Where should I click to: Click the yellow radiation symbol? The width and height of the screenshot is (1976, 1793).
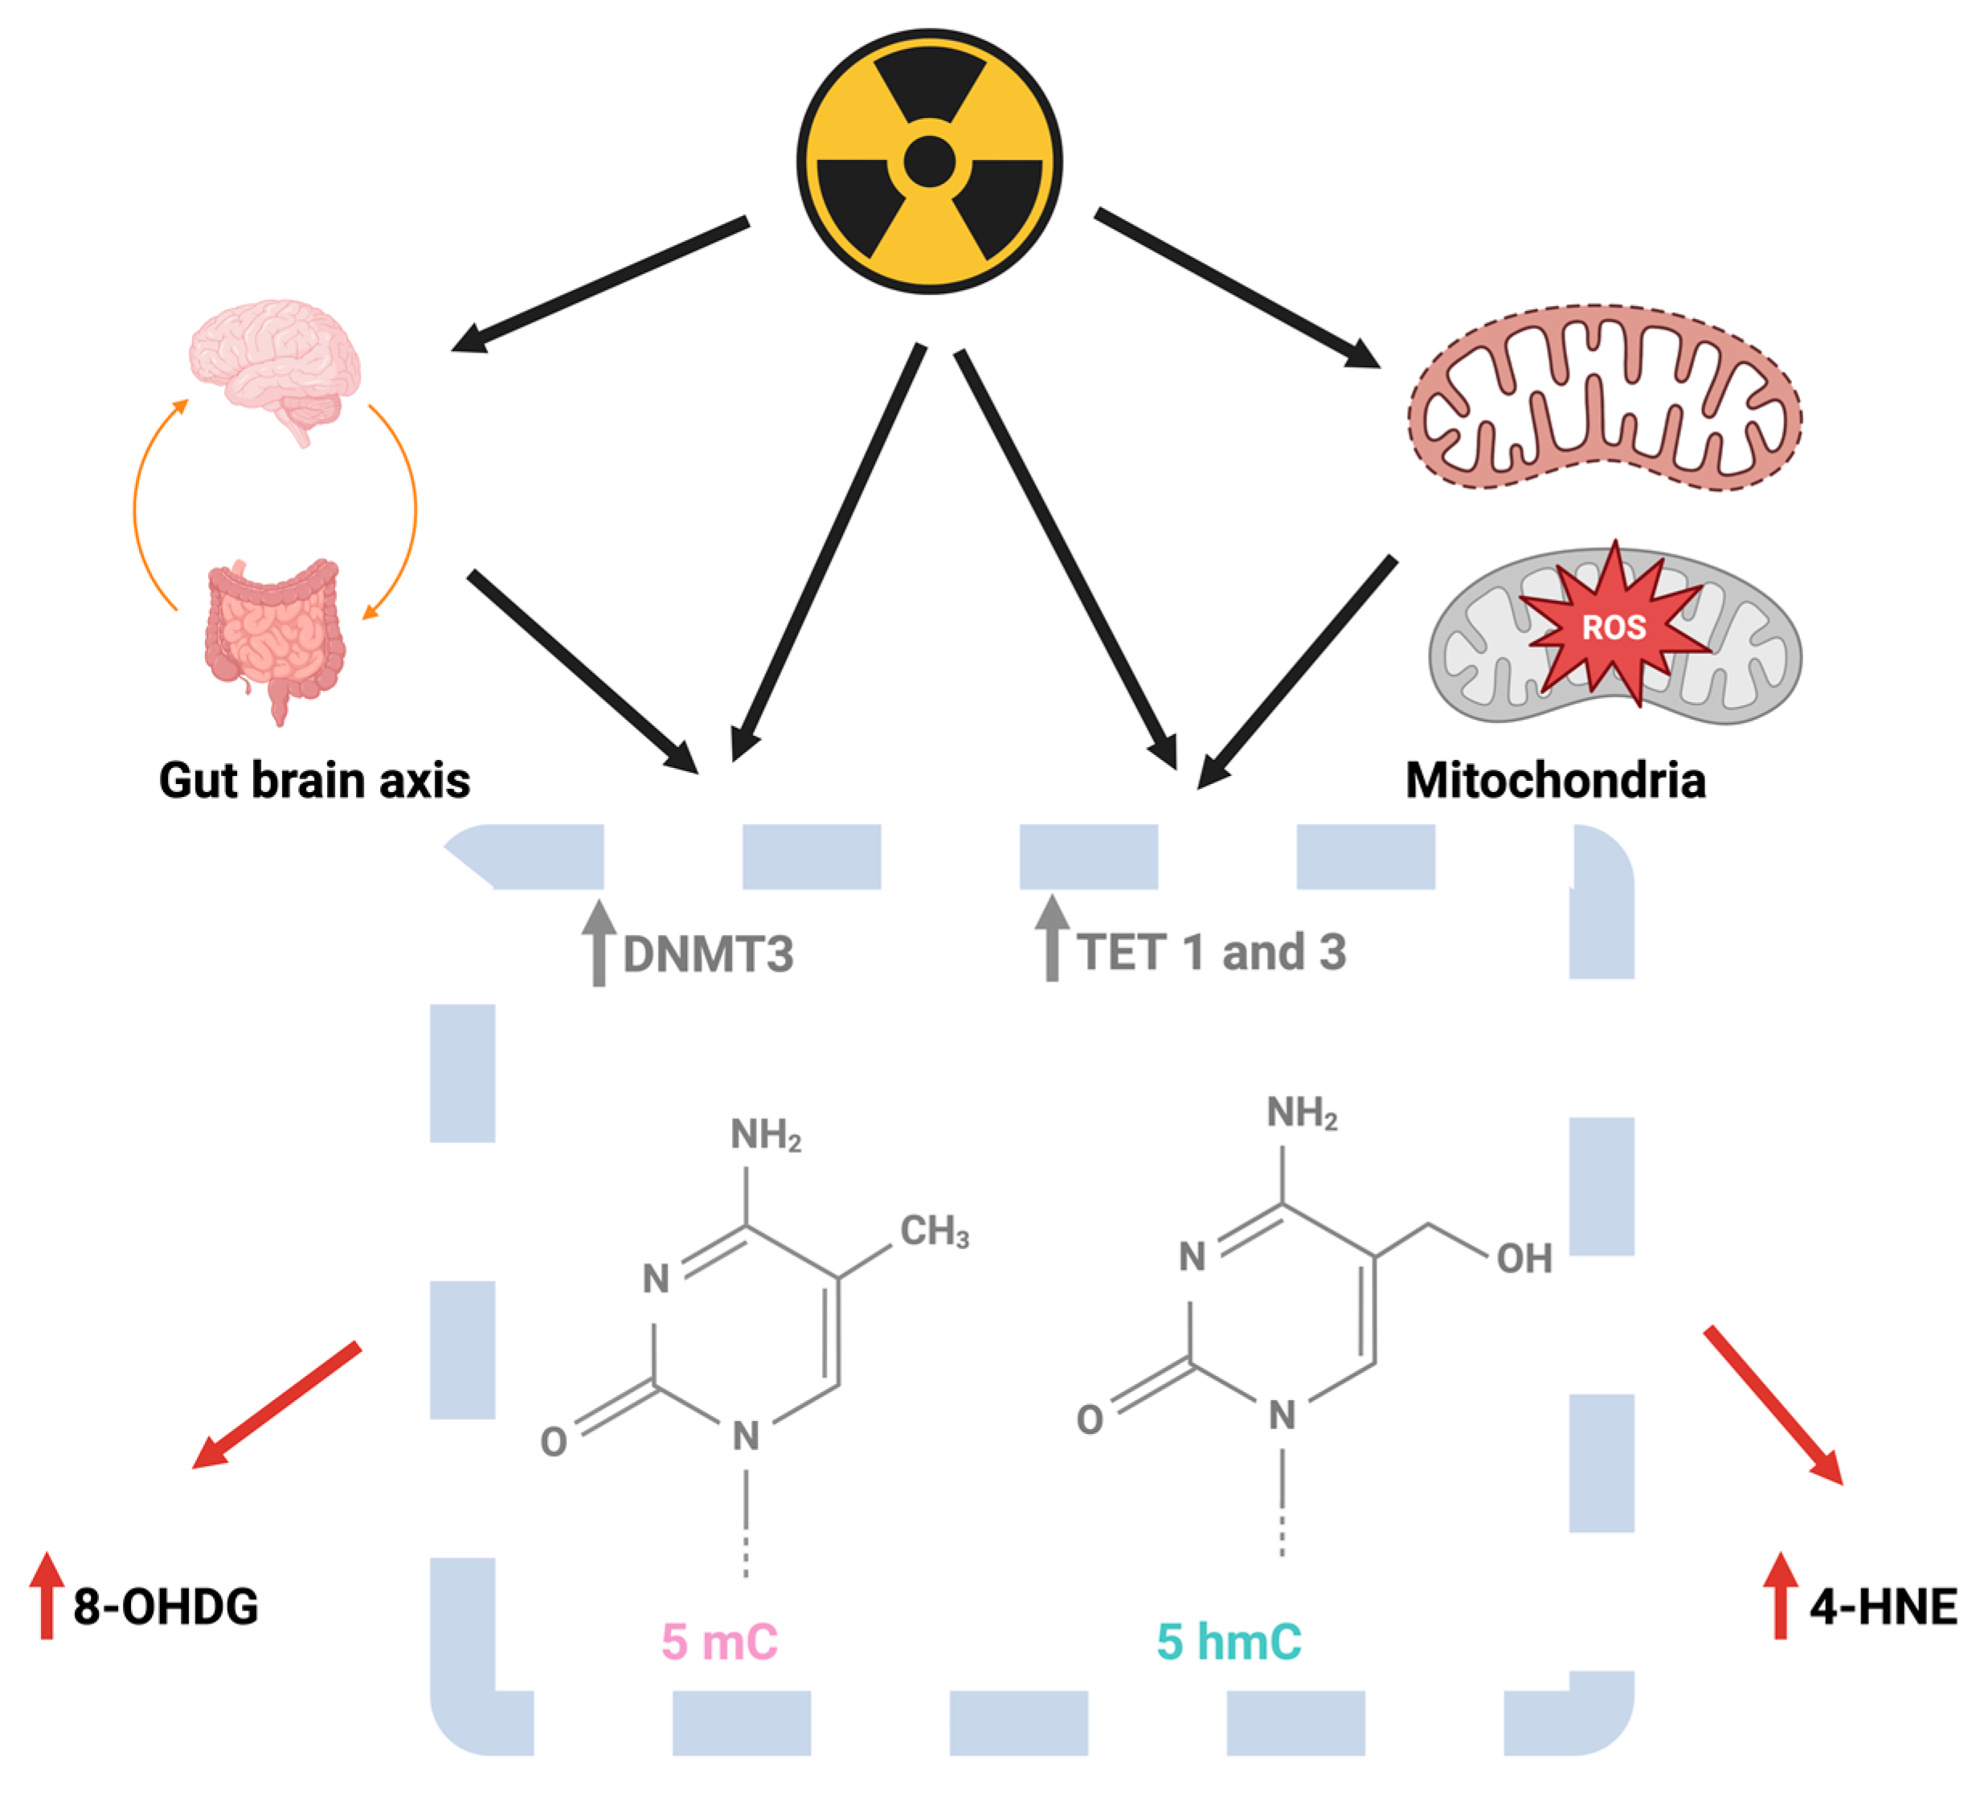(x=929, y=161)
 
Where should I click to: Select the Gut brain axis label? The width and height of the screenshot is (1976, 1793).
(x=313, y=781)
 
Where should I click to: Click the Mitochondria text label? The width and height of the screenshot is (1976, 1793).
(x=1556, y=781)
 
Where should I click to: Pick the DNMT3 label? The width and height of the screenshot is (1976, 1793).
(x=708, y=954)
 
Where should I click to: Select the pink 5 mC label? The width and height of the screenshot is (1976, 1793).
(x=719, y=1641)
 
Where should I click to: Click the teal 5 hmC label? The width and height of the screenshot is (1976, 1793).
(x=1229, y=1641)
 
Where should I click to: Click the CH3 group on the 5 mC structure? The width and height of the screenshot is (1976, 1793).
(x=934, y=1231)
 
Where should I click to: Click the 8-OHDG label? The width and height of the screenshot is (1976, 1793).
(x=166, y=1607)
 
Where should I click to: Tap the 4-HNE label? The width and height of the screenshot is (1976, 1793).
(x=1883, y=1607)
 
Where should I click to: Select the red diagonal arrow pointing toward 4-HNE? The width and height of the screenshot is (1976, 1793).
(x=1774, y=1404)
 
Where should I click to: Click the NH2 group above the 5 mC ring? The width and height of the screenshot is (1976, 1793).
(x=766, y=1136)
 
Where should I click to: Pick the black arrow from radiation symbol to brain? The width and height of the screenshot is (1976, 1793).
(x=599, y=284)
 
